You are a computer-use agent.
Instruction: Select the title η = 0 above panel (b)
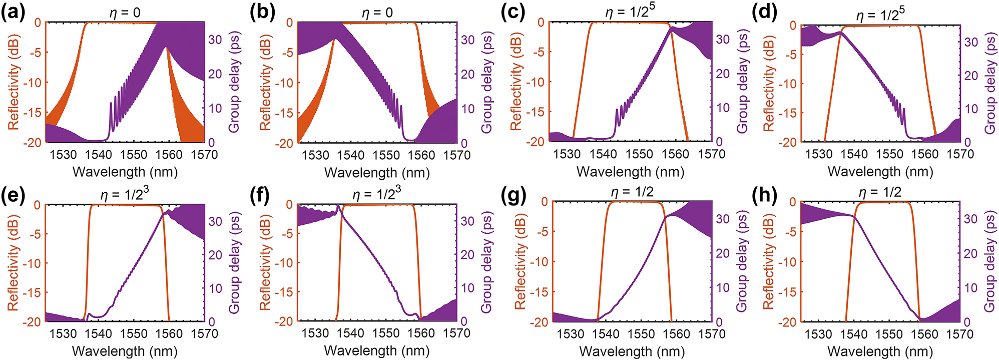point(377,13)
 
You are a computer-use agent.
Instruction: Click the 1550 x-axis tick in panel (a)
point(134,155)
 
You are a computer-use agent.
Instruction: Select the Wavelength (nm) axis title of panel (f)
point(377,351)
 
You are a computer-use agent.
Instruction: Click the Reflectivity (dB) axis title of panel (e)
point(14,263)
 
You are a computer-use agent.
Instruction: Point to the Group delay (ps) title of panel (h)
point(989,262)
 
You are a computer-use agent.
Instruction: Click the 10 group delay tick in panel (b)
point(467,109)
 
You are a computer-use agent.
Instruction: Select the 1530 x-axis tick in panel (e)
point(63,334)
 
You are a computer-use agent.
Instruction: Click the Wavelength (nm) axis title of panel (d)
point(880,172)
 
